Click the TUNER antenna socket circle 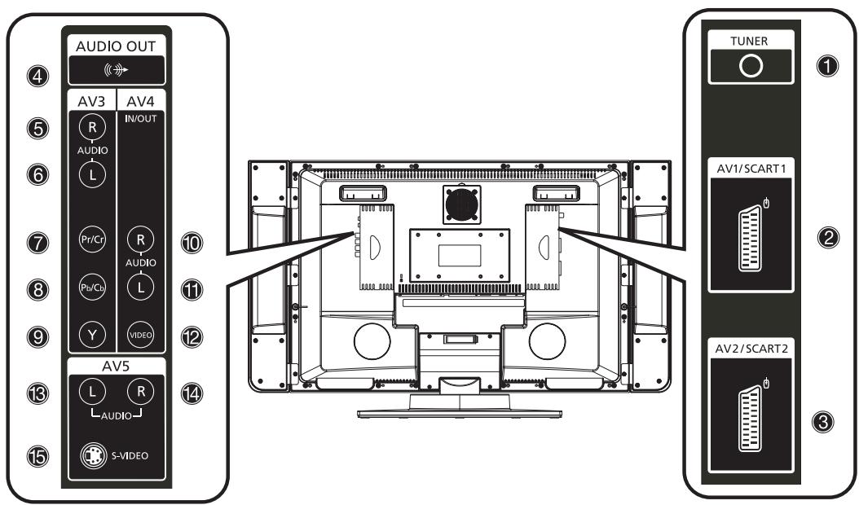point(751,66)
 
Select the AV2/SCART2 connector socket point(751,419)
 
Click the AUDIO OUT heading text point(116,46)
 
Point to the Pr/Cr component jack point(92,239)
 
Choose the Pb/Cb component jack point(92,287)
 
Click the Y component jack point(92,335)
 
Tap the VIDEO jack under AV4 point(140,335)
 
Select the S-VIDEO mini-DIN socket point(94,455)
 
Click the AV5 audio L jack point(92,392)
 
